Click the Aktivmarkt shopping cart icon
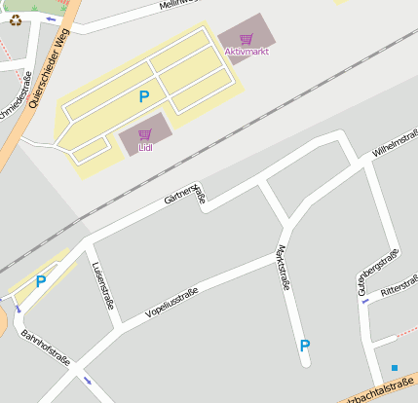click(x=246, y=40)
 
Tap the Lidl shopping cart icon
click(x=145, y=135)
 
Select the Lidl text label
click(x=145, y=148)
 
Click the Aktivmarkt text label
click(x=246, y=52)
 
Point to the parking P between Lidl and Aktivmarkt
click(x=144, y=96)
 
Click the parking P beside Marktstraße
click(x=305, y=346)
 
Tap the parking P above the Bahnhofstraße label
click(x=41, y=282)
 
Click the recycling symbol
click(x=15, y=19)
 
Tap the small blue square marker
click(x=395, y=368)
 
